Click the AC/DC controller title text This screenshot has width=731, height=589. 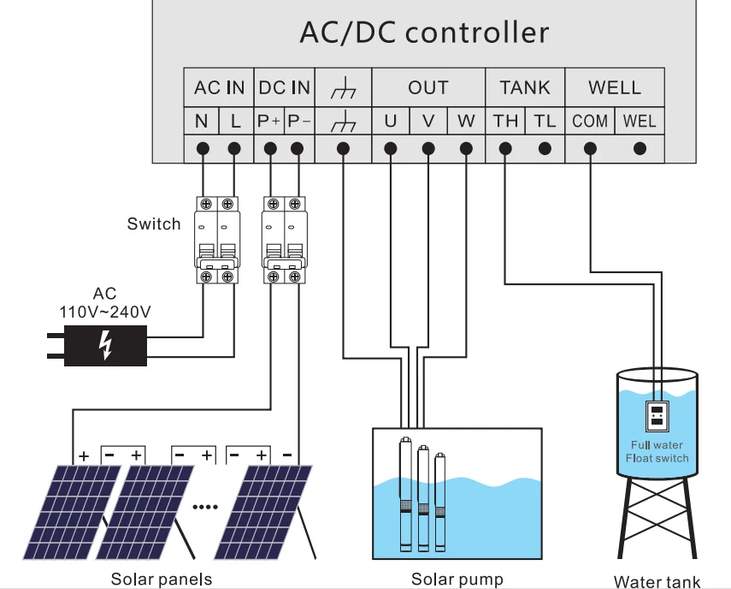pos(424,33)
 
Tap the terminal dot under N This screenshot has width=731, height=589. pos(203,149)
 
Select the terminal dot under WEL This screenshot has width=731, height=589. pos(640,149)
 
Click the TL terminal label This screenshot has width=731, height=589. pos(545,121)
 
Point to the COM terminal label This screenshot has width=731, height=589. pos(590,121)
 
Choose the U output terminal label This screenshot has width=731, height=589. pos(390,121)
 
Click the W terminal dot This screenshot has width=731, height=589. pos(466,149)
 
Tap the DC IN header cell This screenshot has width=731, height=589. pos(284,87)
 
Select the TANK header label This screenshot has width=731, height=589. pos(525,87)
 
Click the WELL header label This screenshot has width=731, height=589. pos(614,87)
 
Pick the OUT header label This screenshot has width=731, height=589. pos(427,87)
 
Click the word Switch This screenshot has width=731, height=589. pos(154,224)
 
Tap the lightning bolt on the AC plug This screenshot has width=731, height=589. pos(105,345)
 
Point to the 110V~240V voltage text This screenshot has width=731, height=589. pos(105,312)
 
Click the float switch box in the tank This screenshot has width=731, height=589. pos(657,417)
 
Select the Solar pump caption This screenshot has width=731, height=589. pos(457,580)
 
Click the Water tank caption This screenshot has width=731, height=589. pos(657,582)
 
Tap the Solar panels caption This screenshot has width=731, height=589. pos(161,580)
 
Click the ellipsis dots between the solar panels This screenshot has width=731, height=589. pos(205,507)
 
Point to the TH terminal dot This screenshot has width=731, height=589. pos(505,149)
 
